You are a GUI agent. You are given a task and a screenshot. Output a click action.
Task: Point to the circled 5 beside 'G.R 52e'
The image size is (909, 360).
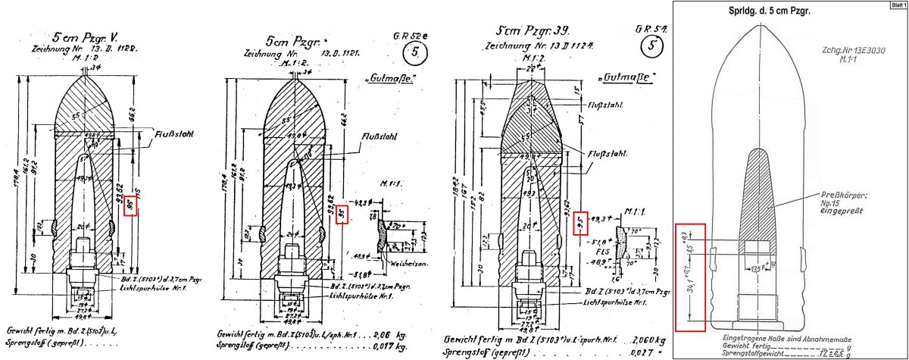click(x=414, y=53)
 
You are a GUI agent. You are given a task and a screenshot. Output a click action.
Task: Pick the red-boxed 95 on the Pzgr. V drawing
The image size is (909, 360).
click(x=130, y=204)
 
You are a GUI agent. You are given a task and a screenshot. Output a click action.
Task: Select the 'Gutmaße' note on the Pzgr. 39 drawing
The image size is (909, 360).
click(x=627, y=78)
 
